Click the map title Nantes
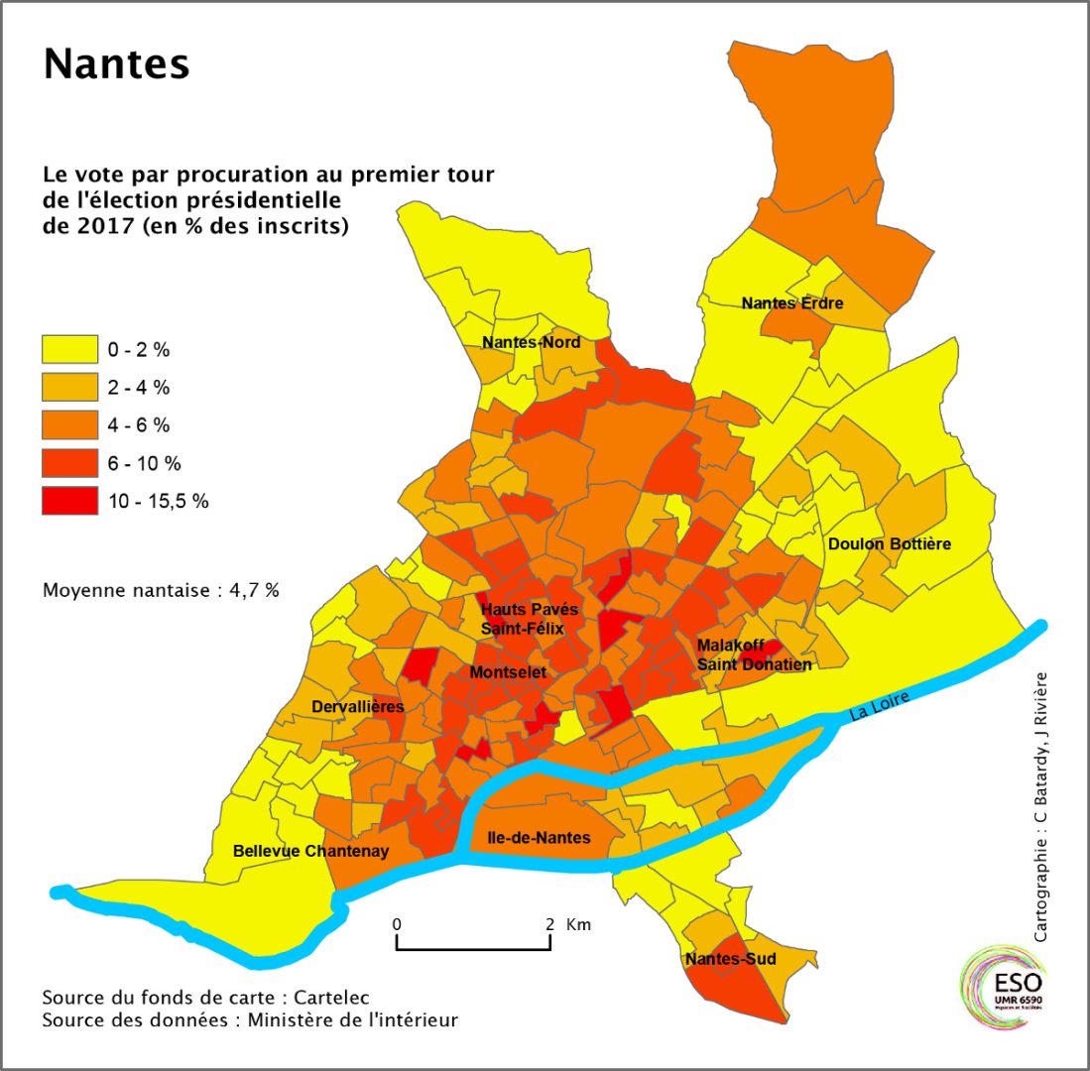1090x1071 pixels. pyautogui.click(x=116, y=64)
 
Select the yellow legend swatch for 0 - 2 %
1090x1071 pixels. pyautogui.click(x=69, y=349)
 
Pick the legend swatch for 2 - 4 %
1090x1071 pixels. pyautogui.click(x=69, y=387)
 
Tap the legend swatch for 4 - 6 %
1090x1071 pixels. pyautogui.click(x=69, y=424)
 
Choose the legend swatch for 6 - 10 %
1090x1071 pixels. pyautogui.click(x=69, y=462)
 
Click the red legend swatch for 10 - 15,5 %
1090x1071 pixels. pyautogui.click(x=69, y=500)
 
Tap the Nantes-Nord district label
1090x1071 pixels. pyautogui.click(x=531, y=343)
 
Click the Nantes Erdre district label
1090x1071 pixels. pyautogui.click(x=792, y=302)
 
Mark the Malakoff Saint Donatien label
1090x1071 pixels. pyautogui.click(x=754, y=654)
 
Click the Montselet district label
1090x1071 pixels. pyautogui.click(x=509, y=672)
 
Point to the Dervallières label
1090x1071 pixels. pyautogui.click(x=357, y=707)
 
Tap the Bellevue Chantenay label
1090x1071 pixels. pyautogui.click(x=310, y=851)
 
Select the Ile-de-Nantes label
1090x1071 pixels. pyautogui.click(x=540, y=838)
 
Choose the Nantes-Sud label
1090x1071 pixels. pyautogui.click(x=730, y=959)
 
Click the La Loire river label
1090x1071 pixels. pyautogui.click(x=877, y=708)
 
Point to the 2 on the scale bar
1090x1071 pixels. pyautogui.click(x=549, y=923)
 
